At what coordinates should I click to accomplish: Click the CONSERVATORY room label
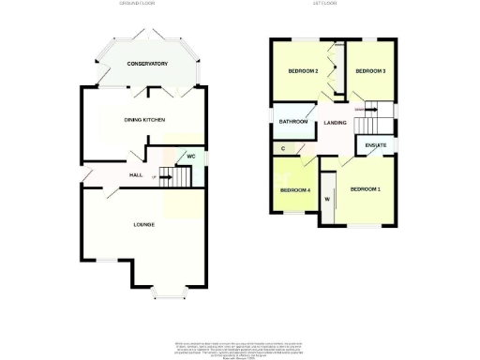(x=147, y=64)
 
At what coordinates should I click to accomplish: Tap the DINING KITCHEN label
(x=144, y=120)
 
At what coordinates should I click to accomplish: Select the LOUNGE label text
(x=143, y=224)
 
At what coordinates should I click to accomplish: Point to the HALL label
(x=135, y=175)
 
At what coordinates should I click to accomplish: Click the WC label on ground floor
(x=190, y=157)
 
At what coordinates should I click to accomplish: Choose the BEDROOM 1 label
(x=366, y=189)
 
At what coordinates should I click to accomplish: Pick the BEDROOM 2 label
(x=304, y=72)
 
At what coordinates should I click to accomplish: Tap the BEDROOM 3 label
(x=370, y=72)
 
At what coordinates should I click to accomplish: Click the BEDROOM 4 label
(x=295, y=191)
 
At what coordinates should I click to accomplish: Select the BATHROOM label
(x=293, y=122)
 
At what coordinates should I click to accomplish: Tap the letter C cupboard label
(x=283, y=148)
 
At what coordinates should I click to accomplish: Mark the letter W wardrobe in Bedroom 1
(x=328, y=199)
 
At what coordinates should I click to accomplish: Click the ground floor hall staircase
(x=166, y=175)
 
